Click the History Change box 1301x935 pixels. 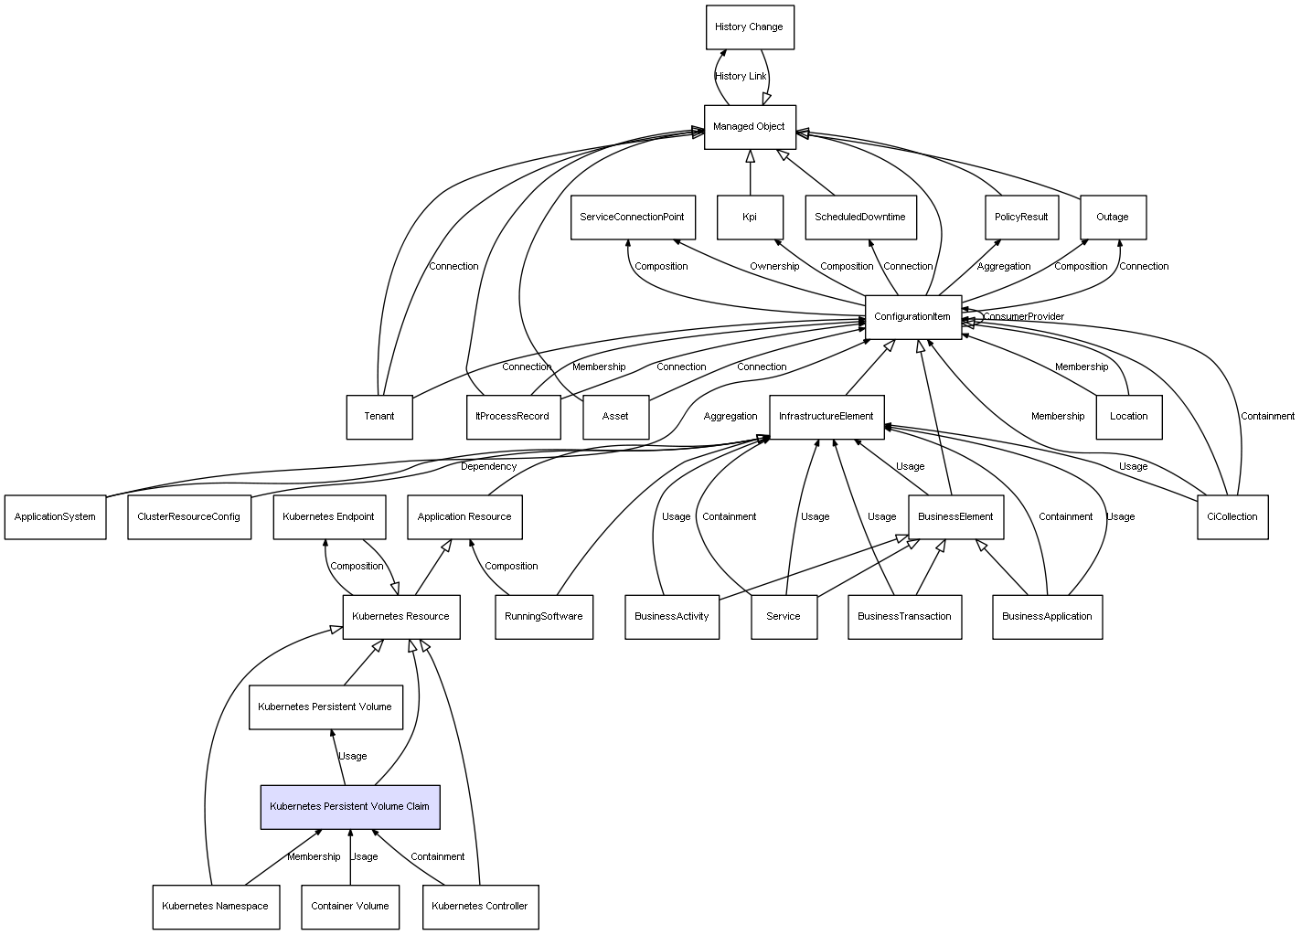[750, 27]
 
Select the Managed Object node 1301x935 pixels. [750, 127]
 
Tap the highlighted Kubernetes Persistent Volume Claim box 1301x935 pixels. [350, 807]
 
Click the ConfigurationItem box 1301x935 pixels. [913, 317]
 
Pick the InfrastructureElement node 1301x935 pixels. [827, 417]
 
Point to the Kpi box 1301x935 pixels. [750, 218]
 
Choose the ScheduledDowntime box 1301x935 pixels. [860, 218]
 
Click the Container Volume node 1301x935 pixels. [350, 908]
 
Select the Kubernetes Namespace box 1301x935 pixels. [216, 908]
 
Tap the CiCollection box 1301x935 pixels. [1232, 517]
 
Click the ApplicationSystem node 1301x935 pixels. [55, 517]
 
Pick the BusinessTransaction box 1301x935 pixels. [905, 617]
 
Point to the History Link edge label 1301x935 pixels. [741, 76]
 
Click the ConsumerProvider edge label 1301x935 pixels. [1024, 316]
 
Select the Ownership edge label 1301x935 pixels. [774, 267]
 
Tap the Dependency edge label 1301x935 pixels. [488, 467]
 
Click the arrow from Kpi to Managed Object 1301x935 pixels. [750, 173]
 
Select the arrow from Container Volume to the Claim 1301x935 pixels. [350, 857]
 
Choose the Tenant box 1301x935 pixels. [379, 417]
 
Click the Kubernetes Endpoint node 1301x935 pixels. [329, 517]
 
